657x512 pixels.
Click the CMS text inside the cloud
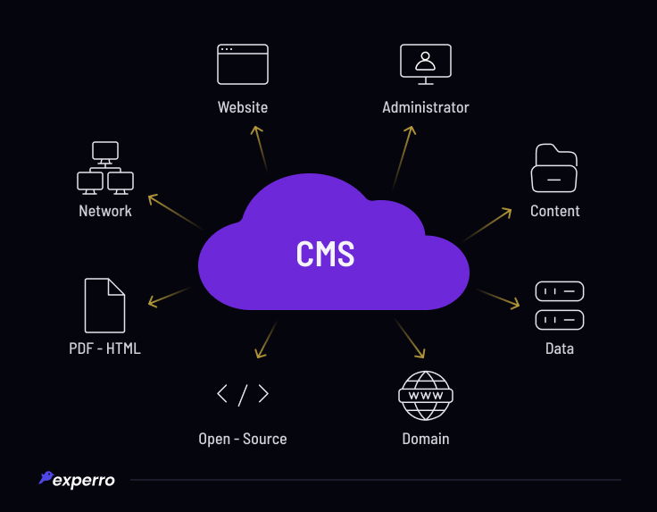pyautogui.click(x=325, y=254)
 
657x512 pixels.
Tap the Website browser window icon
pyautogui.click(x=243, y=64)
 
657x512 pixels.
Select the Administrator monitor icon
pyautogui.click(x=426, y=64)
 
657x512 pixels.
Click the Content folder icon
pyautogui.click(x=554, y=168)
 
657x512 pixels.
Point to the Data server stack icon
pyautogui.click(x=560, y=306)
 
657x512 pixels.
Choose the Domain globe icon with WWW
pyautogui.click(x=426, y=395)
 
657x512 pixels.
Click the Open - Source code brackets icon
pyautogui.click(x=243, y=394)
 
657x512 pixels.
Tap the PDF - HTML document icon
pyautogui.click(x=104, y=306)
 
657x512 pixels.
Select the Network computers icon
pyautogui.click(x=105, y=168)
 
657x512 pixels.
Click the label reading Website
pyautogui.click(x=243, y=107)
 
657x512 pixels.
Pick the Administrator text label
pyautogui.click(x=426, y=107)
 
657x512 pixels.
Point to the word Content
pyautogui.click(x=555, y=211)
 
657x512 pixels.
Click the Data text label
pyautogui.click(x=560, y=348)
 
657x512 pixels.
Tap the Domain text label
pyautogui.click(x=426, y=439)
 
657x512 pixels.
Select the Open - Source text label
pyautogui.click(x=243, y=439)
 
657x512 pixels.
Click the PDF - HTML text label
pyautogui.click(x=104, y=348)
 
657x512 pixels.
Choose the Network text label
pyautogui.click(x=105, y=211)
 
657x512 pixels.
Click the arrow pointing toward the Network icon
pyautogui.click(x=173, y=211)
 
